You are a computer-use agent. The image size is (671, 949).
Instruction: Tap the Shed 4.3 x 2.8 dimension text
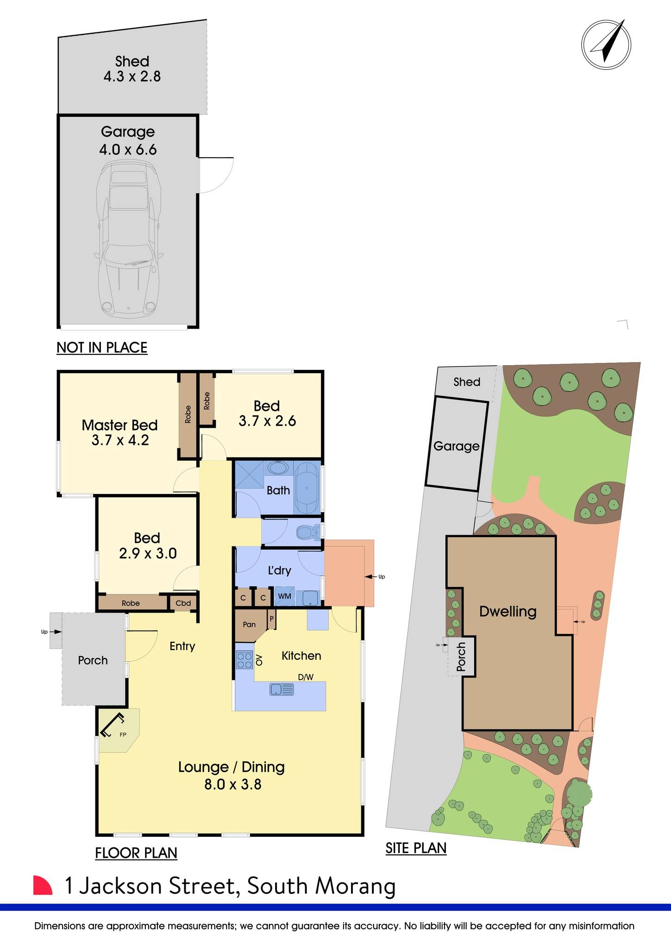[x=132, y=76]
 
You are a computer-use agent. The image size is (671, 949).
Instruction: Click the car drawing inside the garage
[x=128, y=239]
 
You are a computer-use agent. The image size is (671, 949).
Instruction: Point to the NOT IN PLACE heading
[x=102, y=348]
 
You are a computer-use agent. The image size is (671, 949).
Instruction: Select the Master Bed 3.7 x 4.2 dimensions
[x=120, y=440]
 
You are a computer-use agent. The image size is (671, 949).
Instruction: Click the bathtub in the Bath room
[x=307, y=487]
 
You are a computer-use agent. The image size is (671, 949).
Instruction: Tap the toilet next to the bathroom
[x=306, y=532]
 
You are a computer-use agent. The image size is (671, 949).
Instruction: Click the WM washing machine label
[x=284, y=596]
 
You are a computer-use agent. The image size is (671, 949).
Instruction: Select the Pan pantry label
[x=249, y=624]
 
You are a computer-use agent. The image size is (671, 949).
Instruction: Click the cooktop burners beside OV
[x=244, y=660]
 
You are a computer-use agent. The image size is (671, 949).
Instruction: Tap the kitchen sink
[x=282, y=690]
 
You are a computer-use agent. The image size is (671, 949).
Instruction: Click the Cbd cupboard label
[x=183, y=603]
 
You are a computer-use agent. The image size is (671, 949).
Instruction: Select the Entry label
[x=182, y=646]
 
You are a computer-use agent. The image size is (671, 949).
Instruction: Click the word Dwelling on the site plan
[x=508, y=612]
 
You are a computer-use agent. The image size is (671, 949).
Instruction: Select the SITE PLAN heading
[x=416, y=848]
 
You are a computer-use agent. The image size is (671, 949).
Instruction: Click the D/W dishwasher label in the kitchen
[x=306, y=677]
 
